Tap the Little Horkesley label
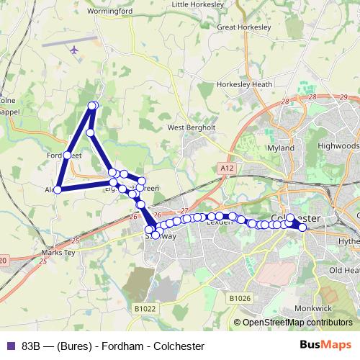pyautogui.click(x=197, y=4)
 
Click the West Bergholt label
pyautogui.click(x=192, y=127)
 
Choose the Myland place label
pyautogui.click(x=281, y=148)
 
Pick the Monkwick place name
pyautogui.click(x=309, y=308)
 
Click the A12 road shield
pyautogui.click(x=225, y=168)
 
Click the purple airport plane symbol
pyautogui.click(x=75, y=50)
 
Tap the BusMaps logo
pyautogui.click(x=322, y=345)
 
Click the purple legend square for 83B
pyautogui.click(x=10, y=346)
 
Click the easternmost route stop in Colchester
pyautogui.click(x=302, y=228)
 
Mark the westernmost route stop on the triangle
pyautogui.click(x=58, y=190)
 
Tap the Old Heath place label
pyautogui.click(x=343, y=270)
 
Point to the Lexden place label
pyautogui.click(x=217, y=222)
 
